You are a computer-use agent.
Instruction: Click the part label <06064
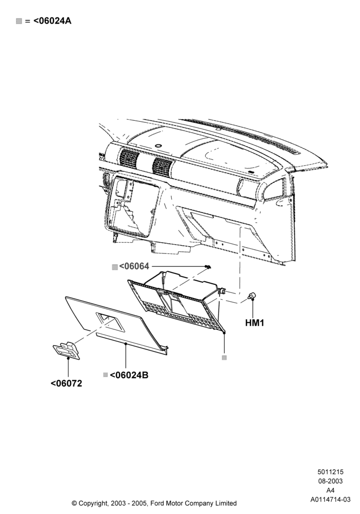tap(134, 266)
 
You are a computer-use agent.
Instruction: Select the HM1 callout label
tap(255, 323)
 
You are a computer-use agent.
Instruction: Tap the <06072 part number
tap(66, 383)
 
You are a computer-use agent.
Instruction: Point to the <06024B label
tap(129, 375)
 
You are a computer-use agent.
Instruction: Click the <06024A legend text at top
tap(52, 21)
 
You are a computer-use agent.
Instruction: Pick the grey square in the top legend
tap(19, 21)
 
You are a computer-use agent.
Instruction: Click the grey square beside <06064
tap(115, 267)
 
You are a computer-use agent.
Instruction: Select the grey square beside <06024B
tap(105, 375)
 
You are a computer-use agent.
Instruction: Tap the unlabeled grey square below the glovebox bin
tap(224, 358)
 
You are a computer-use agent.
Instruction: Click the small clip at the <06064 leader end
tap(208, 267)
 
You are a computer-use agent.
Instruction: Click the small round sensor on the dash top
tap(158, 145)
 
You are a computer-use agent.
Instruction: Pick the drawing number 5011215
tap(330, 472)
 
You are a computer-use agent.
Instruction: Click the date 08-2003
tap(330, 481)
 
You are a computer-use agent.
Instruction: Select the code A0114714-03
tap(330, 500)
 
